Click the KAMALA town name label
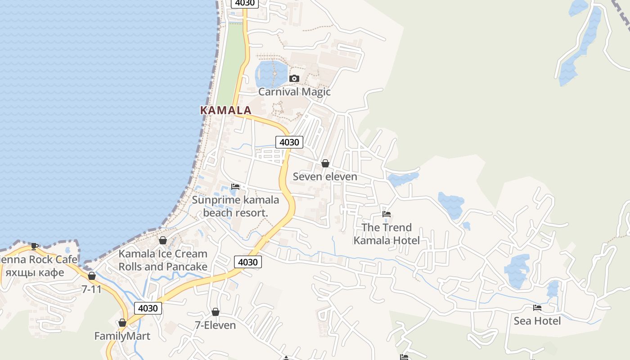coord(225,110)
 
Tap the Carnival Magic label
coord(294,92)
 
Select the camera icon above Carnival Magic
coord(294,78)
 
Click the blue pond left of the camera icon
coord(271,74)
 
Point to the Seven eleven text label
coord(325,176)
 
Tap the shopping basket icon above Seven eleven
coord(325,163)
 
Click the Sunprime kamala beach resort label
coord(235,206)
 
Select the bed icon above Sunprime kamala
coord(235,187)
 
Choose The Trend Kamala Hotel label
coord(386,234)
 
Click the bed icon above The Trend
coord(386,214)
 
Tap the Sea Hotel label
coord(537,321)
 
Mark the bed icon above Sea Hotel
coord(537,308)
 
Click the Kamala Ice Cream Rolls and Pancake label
coord(162,260)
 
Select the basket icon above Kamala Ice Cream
coord(163,240)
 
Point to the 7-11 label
coord(92,289)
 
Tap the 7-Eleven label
coord(215,325)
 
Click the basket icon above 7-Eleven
coord(216,312)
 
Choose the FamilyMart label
coord(122,336)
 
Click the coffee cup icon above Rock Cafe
coord(34,246)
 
